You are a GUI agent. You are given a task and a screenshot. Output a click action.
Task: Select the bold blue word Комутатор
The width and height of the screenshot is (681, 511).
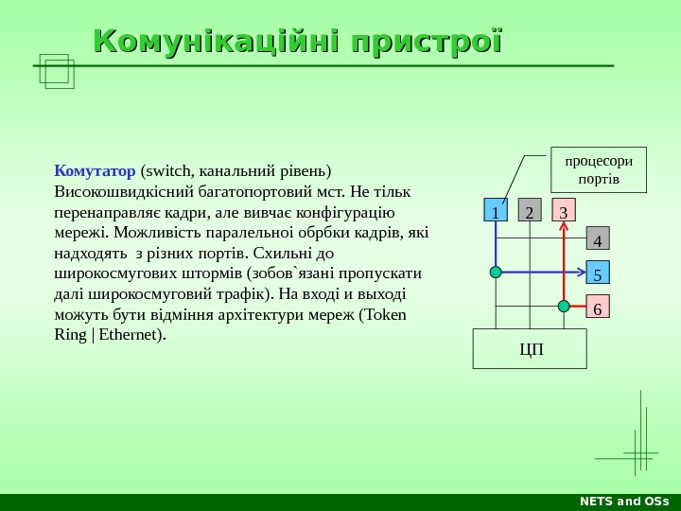pos(96,171)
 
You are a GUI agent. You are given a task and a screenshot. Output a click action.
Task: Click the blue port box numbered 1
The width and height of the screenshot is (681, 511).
pos(496,211)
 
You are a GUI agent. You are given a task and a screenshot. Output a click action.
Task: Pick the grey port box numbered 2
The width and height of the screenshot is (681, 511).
pos(530,211)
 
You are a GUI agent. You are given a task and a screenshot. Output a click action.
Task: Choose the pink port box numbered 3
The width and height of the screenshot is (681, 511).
pos(564,211)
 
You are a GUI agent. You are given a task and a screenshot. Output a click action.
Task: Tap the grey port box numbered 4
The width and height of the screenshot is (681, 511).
pos(598,238)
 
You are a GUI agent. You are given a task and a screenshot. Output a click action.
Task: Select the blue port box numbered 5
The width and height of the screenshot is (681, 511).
pos(598,273)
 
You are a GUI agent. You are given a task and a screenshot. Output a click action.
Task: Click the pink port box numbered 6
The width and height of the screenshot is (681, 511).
pos(598,308)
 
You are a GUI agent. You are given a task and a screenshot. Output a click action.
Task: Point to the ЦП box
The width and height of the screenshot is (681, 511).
pos(530,349)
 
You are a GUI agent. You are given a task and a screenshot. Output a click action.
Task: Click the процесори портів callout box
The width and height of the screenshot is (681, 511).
pos(599,169)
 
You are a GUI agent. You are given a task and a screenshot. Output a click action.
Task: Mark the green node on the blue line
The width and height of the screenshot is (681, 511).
pos(496,273)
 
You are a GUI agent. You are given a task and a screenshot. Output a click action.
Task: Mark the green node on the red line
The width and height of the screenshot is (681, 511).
pos(564,306)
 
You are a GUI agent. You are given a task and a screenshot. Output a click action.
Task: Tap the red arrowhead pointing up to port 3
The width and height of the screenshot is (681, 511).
pos(564,228)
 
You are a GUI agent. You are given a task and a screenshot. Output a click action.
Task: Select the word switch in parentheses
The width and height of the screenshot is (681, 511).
pos(166,171)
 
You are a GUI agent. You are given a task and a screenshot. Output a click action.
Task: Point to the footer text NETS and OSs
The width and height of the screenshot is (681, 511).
pos(624,502)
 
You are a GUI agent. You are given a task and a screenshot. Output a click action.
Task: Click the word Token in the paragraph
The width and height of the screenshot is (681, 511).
pos(385,314)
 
